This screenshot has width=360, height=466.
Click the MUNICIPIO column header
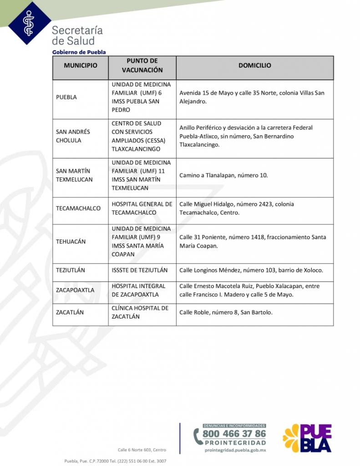pos(80,66)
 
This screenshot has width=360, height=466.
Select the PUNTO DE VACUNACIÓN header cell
pos(142,66)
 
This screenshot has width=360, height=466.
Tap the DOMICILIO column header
pos(254,66)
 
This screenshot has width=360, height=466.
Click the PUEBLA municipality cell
pos(66,97)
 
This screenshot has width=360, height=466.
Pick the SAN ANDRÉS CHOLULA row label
pos(73,136)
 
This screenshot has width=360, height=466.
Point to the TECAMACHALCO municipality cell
pos(78,208)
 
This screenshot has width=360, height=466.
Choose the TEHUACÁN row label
pos(71,242)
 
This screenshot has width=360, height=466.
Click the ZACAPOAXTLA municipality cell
pos(75,290)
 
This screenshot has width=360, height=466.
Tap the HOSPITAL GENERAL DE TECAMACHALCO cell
pos(142,208)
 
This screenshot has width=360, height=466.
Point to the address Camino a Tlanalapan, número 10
pos(223,175)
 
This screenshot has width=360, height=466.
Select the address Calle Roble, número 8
pos(226,312)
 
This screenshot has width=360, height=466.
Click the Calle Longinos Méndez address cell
pos(251,270)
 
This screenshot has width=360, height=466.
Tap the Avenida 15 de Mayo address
pos(252,97)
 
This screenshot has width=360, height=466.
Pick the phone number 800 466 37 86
pos(234,434)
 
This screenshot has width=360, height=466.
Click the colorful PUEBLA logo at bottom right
pos(308,438)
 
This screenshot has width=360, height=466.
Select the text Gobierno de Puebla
pos(79,52)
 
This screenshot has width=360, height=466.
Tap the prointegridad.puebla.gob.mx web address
pos(235,450)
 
